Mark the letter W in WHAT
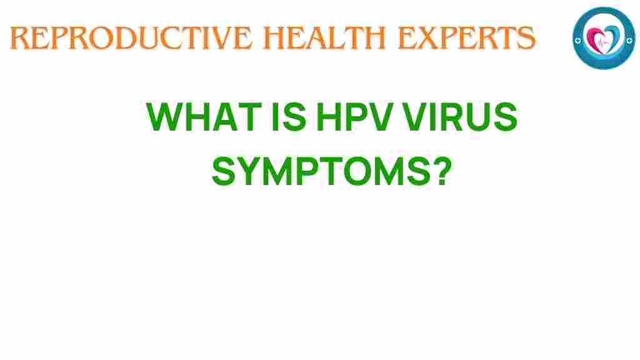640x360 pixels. coord(163,117)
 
